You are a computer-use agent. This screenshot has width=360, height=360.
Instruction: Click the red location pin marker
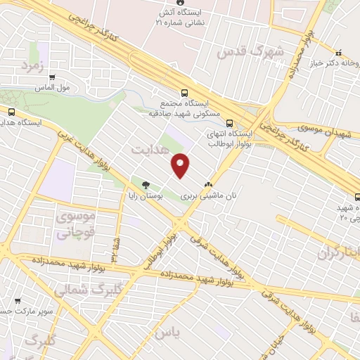point(181,165)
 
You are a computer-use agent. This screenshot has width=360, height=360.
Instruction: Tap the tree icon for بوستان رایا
point(146,186)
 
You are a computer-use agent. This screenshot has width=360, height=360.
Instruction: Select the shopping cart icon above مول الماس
point(53,77)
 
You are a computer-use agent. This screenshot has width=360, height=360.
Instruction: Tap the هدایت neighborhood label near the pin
point(149,149)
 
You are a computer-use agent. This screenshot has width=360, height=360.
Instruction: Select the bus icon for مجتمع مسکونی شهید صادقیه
point(185,92)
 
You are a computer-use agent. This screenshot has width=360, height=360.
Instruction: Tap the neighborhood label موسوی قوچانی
point(73,224)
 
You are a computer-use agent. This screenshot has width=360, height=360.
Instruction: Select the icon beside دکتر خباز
point(338,52)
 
